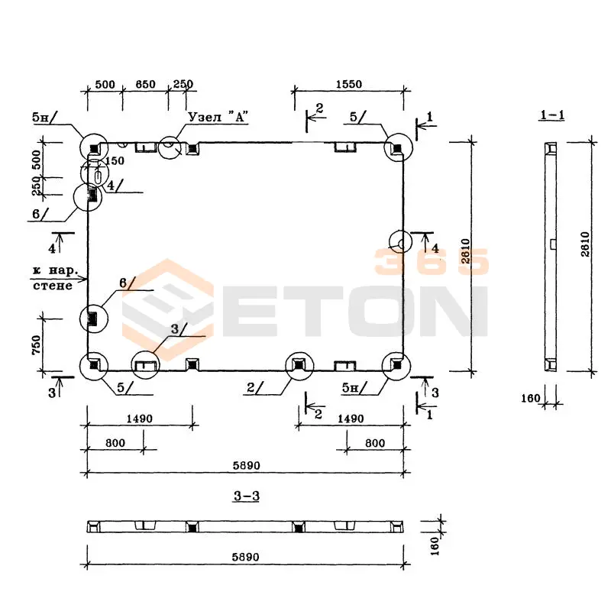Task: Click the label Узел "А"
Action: click(218, 117)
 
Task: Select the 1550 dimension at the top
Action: click(348, 84)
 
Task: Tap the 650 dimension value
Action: click(145, 84)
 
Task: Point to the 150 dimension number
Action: click(115, 161)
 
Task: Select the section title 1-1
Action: click(551, 115)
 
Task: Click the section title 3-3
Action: click(246, 496)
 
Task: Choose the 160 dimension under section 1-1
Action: click(532, 397)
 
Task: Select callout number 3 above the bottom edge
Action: click(174, 328)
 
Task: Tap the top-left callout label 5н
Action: click(40, 118)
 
